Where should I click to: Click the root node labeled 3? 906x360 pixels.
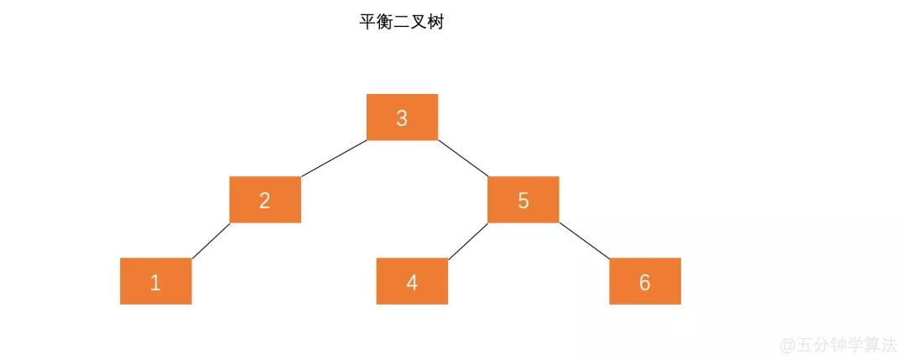tap(402, 117)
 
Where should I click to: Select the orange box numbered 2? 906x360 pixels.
tap(265, 200)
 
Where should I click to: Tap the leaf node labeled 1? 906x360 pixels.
tap(155, 281)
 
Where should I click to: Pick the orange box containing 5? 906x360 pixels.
tap(523, 200)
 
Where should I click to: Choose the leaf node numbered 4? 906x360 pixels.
tap(412, 281)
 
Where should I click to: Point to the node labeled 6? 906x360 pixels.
tap(644, 281)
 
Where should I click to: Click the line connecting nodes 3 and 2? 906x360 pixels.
tap(334, 159)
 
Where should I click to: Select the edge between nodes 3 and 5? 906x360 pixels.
tap(463, 159)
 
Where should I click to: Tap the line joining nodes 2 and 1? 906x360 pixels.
tap(211, 241)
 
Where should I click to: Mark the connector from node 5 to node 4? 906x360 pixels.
tap(467, 241)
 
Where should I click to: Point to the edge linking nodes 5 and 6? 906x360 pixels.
tap(585, 241)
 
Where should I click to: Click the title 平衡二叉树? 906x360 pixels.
tap(401, 23)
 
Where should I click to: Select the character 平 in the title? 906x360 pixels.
tap(367, 23)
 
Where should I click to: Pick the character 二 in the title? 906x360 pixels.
tap(401, 23)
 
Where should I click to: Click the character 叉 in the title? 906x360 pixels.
tap(418, 23)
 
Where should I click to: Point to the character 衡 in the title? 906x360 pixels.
tap(384, 23)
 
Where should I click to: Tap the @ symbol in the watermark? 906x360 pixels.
tap(787, 345)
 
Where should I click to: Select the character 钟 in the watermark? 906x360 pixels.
tap(836, 344)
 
